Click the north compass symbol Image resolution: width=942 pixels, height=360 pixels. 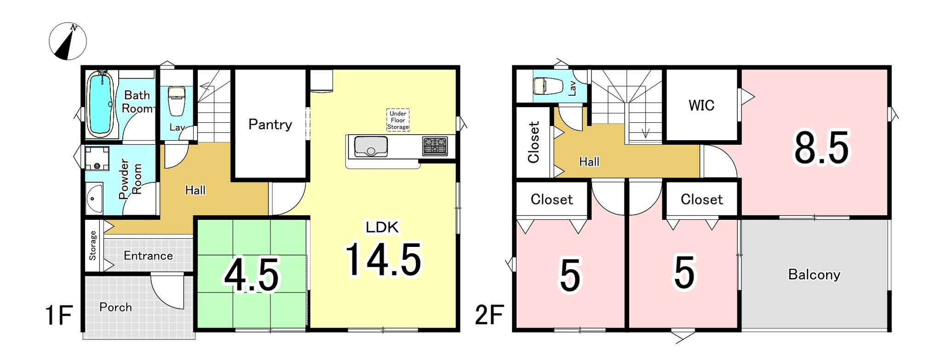pos(68,41)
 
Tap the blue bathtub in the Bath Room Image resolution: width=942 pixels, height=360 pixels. pos(100,104)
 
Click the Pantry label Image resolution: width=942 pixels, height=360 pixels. pos(270,125)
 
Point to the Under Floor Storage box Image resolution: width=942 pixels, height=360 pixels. pos(398,120)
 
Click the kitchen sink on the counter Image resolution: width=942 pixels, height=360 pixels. pos(371,147)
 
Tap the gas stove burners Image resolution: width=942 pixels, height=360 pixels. pos(435,146)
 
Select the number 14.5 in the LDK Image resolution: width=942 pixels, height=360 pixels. pos(383,260)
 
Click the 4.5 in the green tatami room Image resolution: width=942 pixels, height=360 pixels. pos(252,275)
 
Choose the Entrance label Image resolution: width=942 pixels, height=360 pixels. pos(148,256)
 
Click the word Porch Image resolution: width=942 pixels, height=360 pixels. pos(115,307)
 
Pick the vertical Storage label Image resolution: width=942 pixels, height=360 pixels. pos(93,246)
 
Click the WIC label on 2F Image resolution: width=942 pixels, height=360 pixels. pos(701,105)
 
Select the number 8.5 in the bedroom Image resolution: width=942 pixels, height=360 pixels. pos(821,148)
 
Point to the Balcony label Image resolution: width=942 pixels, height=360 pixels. pos(814,274)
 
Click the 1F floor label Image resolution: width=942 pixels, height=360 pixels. pos(59,316)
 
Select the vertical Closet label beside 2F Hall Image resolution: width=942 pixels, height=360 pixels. pos(534,142)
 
